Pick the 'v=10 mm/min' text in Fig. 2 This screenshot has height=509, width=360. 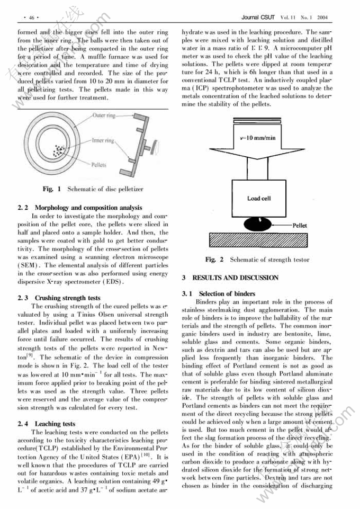pos(258,138)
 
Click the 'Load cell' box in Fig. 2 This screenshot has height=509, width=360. pos(259,198)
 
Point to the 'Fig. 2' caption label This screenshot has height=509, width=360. pos(214,260)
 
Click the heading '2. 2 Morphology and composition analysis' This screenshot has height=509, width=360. pos(79,208)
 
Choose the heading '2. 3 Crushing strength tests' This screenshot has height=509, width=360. pos(59,298)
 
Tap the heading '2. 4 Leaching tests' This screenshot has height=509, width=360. pos(47,424)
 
